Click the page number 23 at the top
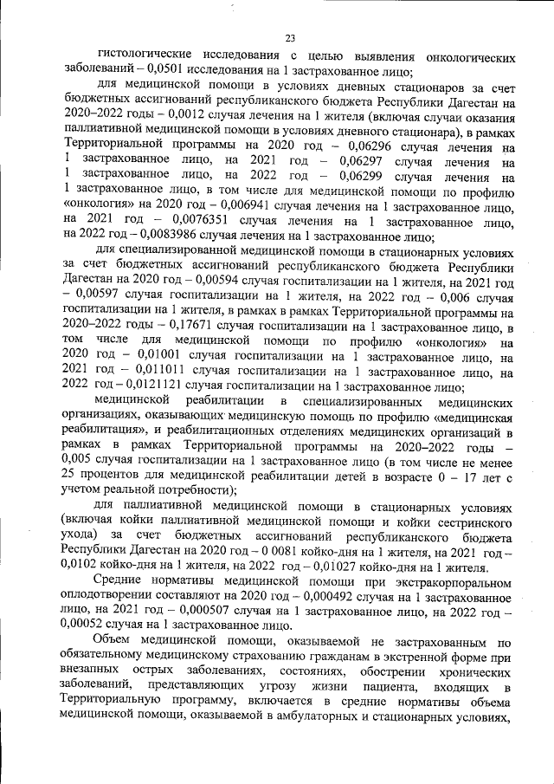pos(290,36)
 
